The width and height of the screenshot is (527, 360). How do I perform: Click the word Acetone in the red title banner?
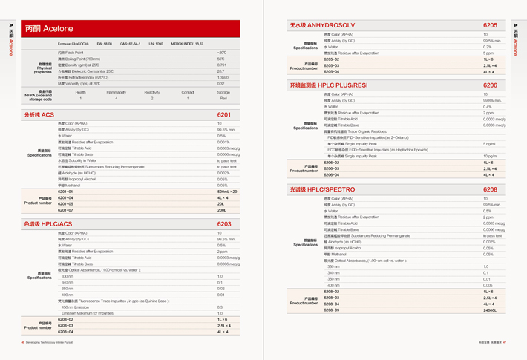click(59, 28)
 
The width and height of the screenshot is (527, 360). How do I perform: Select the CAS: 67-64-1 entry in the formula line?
click(129, 44)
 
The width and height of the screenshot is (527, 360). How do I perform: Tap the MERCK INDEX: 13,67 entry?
click(187, 44)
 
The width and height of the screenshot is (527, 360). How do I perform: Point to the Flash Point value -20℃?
click(221, 53)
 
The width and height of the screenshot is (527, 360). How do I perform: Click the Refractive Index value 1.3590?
click(223, 77)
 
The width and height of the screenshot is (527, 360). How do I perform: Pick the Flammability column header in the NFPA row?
click(116, 93)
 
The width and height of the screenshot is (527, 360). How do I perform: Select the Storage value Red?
click(223, 98)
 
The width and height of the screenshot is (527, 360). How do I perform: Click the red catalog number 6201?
click(223, 115)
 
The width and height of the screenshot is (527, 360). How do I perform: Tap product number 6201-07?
click(66, 210)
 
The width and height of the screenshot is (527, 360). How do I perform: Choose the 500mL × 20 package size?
click(227, 192)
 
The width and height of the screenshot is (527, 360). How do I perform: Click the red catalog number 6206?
click(490, 85)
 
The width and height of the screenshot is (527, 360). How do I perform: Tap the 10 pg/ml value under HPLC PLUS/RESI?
click(491, 156)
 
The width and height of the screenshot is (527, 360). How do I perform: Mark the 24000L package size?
click(490, 310)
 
